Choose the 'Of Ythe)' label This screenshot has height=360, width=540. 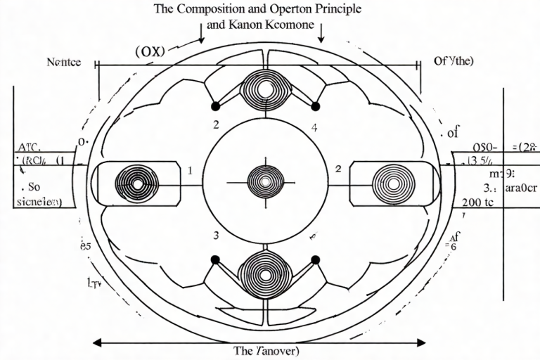[x=454, y=60]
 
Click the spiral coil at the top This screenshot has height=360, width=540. [x=265, y=90]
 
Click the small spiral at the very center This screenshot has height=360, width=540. [x=265, y=181]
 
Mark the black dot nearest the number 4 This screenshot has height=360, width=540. [x=315, y=107]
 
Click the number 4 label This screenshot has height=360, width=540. [x=314, y=128]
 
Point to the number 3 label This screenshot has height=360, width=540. [x=217, y=236]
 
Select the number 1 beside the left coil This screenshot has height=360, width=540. [x=190, y=170]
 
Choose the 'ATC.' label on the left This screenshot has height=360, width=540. [x=28, y=148]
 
